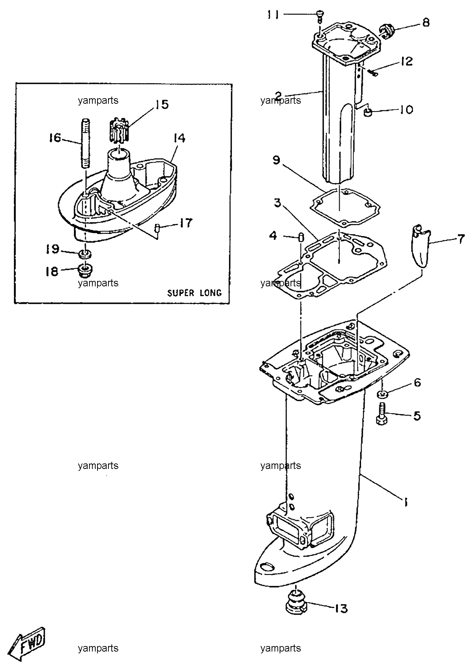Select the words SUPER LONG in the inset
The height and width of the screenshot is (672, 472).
(194, 293)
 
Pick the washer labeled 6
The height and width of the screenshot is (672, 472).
(382, 394)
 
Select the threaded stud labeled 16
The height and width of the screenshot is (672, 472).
(85, 143)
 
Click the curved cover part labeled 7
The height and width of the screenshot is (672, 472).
(420, 245)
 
